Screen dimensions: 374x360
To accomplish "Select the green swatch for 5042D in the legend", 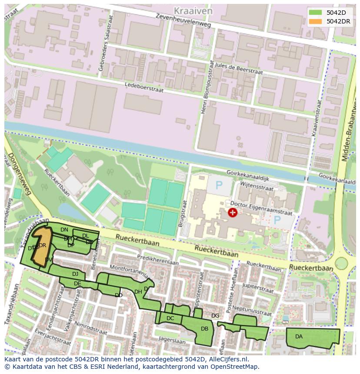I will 316,12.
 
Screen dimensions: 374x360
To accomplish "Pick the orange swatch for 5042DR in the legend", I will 316,21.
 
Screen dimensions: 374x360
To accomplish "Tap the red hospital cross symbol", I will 233,212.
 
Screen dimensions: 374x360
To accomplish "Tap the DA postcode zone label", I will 299,337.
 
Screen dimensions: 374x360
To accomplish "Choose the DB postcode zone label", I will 204,329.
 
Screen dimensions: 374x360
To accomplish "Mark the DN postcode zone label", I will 64,229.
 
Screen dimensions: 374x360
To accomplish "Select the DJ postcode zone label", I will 75,274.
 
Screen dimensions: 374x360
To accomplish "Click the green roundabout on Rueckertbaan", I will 341,263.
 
